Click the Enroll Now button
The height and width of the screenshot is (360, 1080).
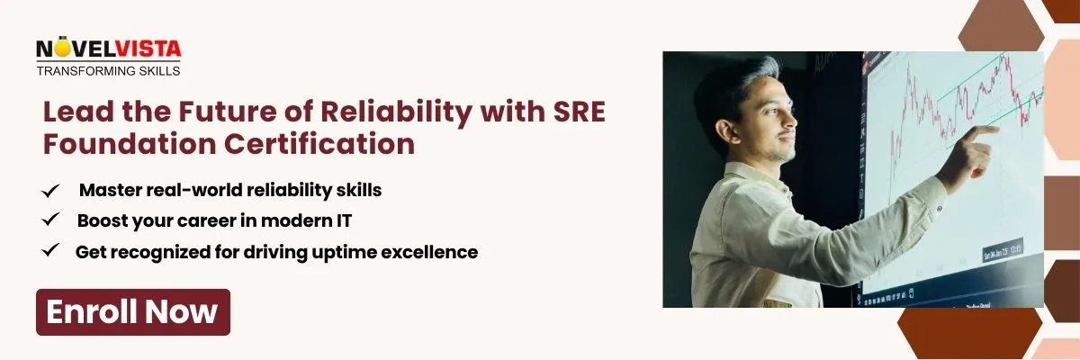coord(132,311)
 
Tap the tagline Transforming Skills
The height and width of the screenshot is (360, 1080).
coord(108,69)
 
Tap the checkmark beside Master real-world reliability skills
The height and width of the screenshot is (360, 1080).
coord(51,191)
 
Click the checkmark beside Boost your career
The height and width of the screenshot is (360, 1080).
coord(51,220)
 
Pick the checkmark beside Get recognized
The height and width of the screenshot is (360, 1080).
coord(51,251)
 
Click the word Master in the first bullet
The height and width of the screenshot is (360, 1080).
coord(106,191)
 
